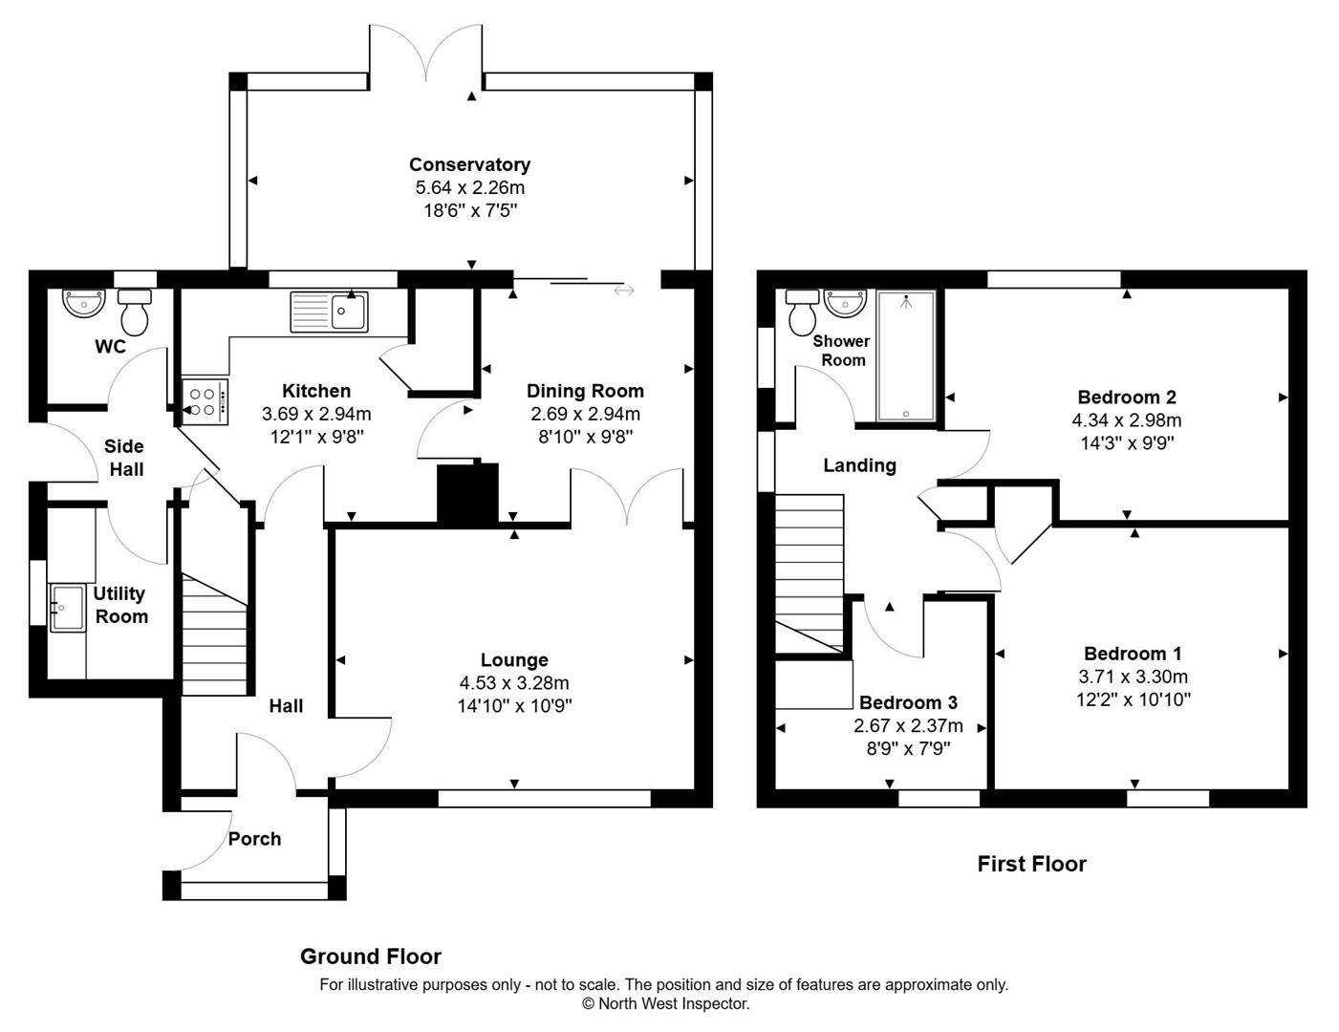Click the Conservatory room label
(469, 164)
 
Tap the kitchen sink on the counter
(330, 312)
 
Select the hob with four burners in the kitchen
(205, 402)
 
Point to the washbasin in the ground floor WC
(83, 303)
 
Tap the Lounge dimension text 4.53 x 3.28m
(514, 683)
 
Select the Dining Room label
(585, 391)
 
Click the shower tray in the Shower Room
(905, 356)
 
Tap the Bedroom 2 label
(1127, 398)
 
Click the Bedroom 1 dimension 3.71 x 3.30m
(1133, 677)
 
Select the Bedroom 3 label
(908, 702)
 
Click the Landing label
(859, 465)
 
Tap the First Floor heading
(1031, 864)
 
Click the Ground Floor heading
(371, 957)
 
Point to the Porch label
(254, 839)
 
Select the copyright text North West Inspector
(666, 1003)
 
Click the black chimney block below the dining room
(468, 493)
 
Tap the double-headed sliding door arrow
(624, 290)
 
